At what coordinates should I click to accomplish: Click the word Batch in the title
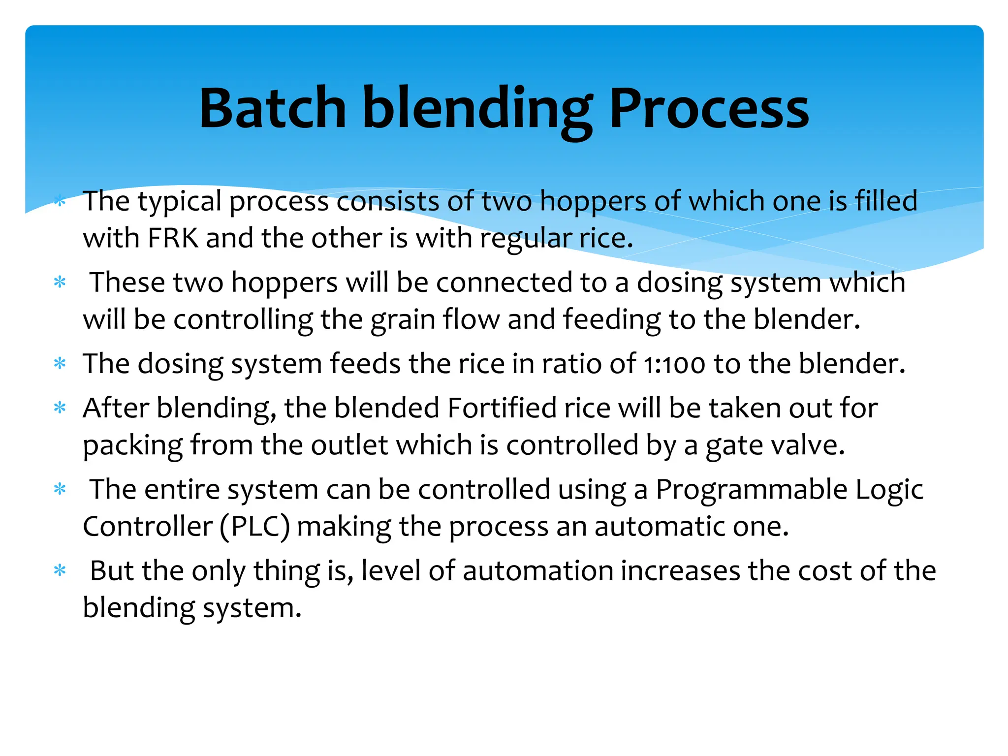click(273, 108)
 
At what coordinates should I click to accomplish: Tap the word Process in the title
click(709, 108)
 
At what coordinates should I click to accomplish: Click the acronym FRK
click(173, 238)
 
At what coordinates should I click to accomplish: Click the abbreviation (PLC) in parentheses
click(255, 527)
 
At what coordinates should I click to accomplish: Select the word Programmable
click(752, 490)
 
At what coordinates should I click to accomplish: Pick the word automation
click(537, 571)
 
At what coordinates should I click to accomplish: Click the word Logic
click(889, 490)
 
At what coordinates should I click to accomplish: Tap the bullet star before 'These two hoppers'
click(60, 283)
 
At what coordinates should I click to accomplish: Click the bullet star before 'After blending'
click(60, 408)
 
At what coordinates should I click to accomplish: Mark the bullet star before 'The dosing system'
click(60, 364)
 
